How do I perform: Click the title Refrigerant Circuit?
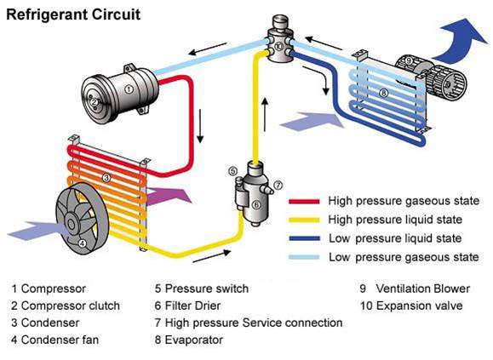click(x=62, y=14)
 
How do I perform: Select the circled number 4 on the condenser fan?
click(x=82, y=243)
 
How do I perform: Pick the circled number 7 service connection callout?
click(x=278, y=184)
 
